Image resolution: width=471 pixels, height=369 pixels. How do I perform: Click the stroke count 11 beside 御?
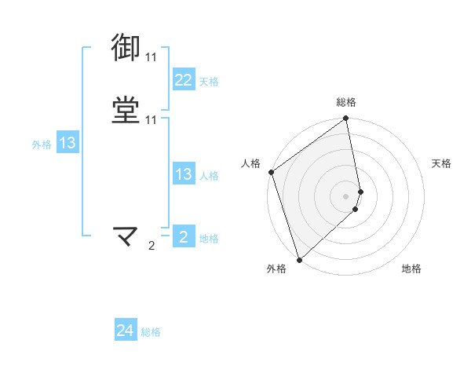pyautogui.click(x=151, y=57)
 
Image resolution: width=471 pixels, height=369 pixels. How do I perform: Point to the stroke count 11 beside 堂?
pyautogui.click(x=151, y=119)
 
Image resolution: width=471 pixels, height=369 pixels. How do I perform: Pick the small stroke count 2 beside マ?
pyautogui.click(x=152, y=246)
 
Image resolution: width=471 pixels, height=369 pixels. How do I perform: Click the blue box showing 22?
pyautogui.click(x=183, y=80)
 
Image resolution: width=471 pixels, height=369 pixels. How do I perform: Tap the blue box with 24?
pyautogui.click(x=126, y=331)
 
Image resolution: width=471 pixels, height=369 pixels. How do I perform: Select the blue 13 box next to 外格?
pyautogui.click(x=67, y=143)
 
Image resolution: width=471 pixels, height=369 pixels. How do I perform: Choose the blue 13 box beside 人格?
pyautogui.click(x=183, y=174)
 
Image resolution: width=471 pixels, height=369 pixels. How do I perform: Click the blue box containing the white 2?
pyautogui.click(x=183, y=237)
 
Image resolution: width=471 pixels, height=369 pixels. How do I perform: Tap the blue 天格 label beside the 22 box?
pyautogui.click(x=209, y=82)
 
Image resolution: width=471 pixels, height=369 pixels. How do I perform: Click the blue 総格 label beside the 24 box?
pyautogui.click(x=151, y=333)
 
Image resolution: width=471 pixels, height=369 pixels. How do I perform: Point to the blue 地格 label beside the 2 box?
pyautogui.click(x=209, y=239)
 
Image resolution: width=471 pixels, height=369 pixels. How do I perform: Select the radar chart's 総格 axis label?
pyautogui.click(x=346, y=103)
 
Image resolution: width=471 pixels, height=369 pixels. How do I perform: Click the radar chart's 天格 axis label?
pyautogui.click(x=441, y=163)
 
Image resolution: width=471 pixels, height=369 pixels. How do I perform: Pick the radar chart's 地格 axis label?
pyautogui.click(x=411, y=269)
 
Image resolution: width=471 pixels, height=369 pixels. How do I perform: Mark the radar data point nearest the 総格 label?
pyautogui.click(x=346, y=119)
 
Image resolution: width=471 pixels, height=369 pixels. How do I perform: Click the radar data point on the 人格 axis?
pyautogui.click(x=271, y=172)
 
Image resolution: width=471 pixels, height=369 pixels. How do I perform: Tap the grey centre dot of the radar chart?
pyautogui.click(x=346, y=196)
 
